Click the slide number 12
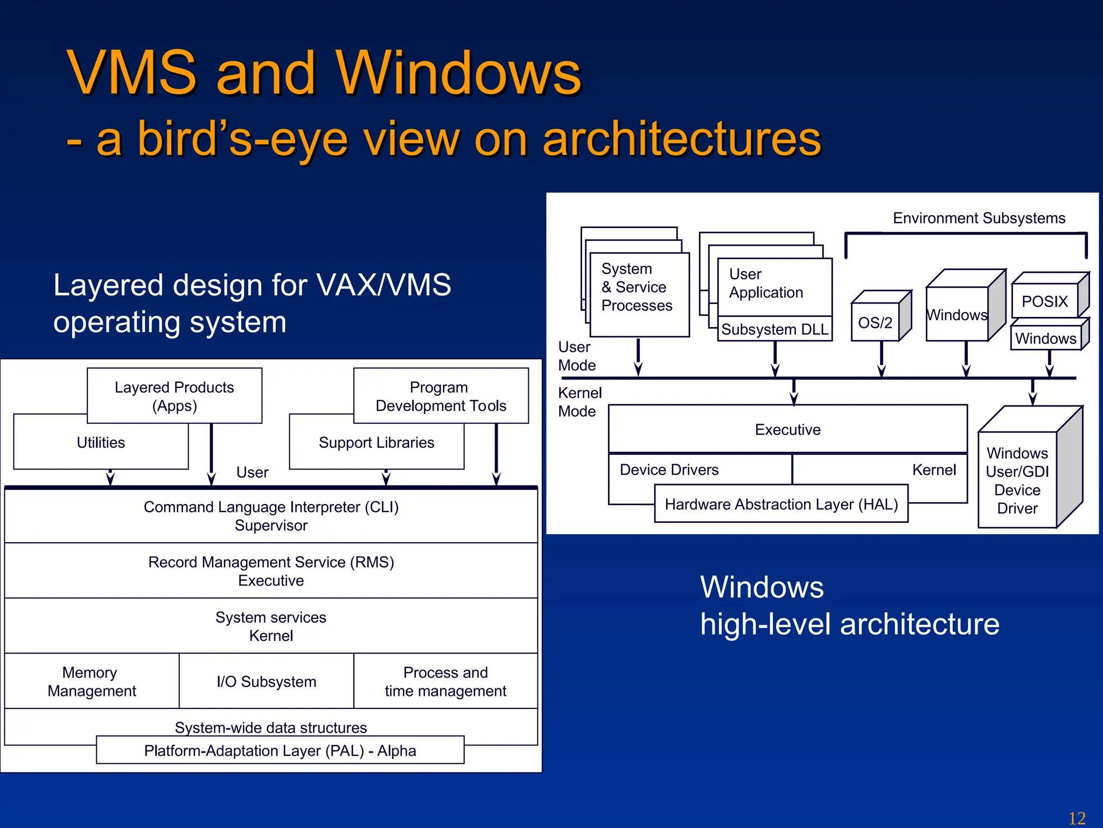(1077, 818)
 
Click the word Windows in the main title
(458, 73)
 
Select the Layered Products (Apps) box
(174, 396)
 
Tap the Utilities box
(101, 443)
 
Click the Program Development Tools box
(441, 396)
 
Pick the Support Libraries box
(376, 443)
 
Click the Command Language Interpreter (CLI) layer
(271, 515)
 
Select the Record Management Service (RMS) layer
(271, 571)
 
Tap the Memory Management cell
(92, 681)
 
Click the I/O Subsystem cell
(266, 681)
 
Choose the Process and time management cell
(445, 681)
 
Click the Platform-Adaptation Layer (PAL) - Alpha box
(280, 750)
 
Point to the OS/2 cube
(876, 322)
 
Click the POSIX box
(1044, 301)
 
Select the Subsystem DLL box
(774, 329)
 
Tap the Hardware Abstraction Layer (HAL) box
(781, 504)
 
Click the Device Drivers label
(669, 470)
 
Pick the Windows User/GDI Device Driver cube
(1017, 480)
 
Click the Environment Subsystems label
(979, 218)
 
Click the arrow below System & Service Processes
(638, 358)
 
